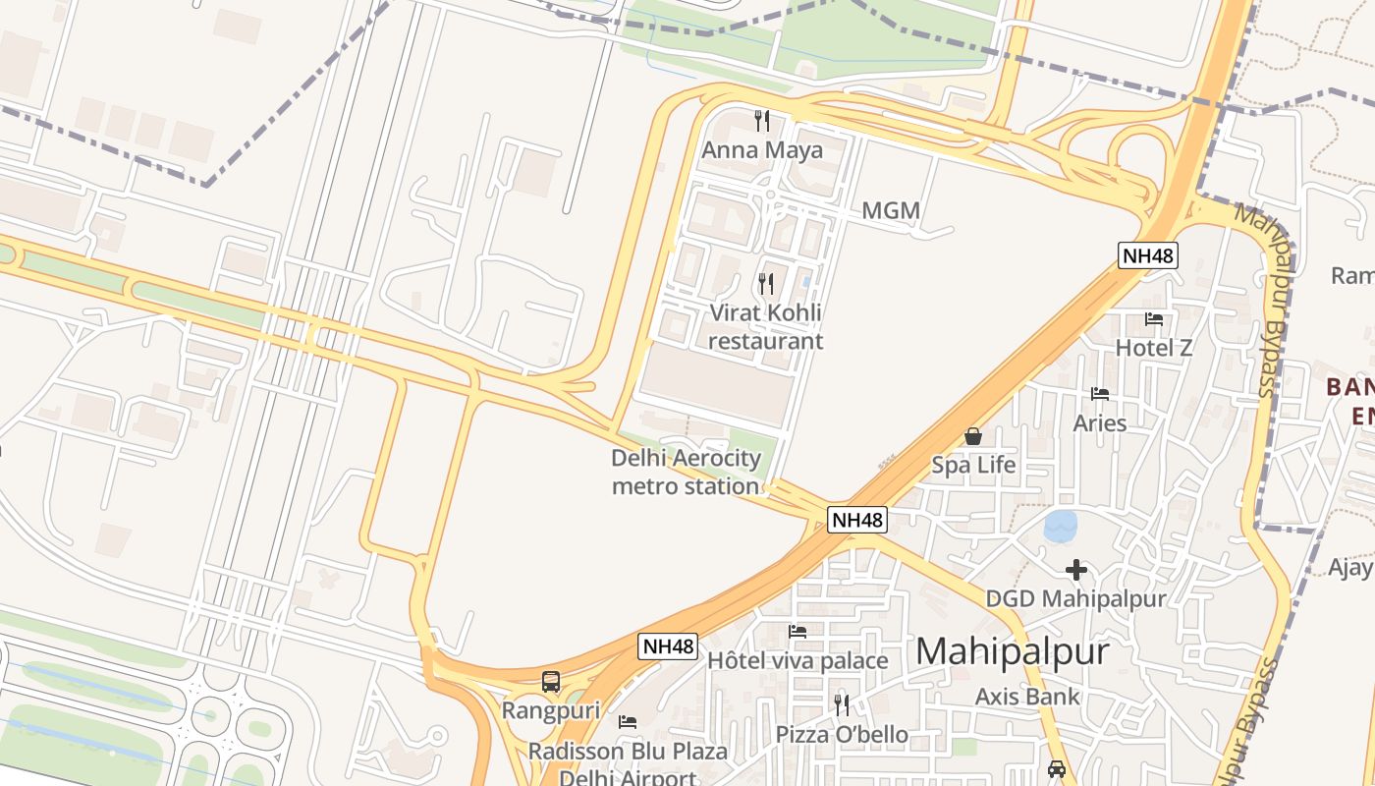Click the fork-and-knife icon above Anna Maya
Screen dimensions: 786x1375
tap(762, 121)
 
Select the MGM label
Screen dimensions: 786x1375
tap(891, 210)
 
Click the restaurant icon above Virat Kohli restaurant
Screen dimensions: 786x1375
tap(766, 284)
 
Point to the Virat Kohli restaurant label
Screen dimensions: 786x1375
tap(765, 327)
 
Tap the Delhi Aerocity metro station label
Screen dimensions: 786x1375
tap(686, 472)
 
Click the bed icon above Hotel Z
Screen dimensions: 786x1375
tap(1154, 319)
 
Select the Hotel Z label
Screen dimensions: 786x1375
tap(1154, 348)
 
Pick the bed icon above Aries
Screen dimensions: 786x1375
tap(1100, 394)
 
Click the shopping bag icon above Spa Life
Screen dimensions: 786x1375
tap(973, 436)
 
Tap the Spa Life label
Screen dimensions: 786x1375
tap(973, 465)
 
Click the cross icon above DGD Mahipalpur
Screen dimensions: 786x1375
tap(1076, 569)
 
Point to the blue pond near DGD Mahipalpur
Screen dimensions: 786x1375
tap(1061, 526)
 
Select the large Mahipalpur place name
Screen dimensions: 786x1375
tap(1013, 651)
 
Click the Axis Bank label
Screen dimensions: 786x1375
tap(1027, 697)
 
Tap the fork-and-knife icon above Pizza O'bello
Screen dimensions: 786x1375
tap(842, 704)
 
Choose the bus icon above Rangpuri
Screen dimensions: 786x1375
tap(551, 681)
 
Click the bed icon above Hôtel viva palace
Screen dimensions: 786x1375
tap(797, 632)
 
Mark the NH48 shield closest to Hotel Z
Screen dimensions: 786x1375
tap(1148, 255)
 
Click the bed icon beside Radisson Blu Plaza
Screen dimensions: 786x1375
tap(628, 722)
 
